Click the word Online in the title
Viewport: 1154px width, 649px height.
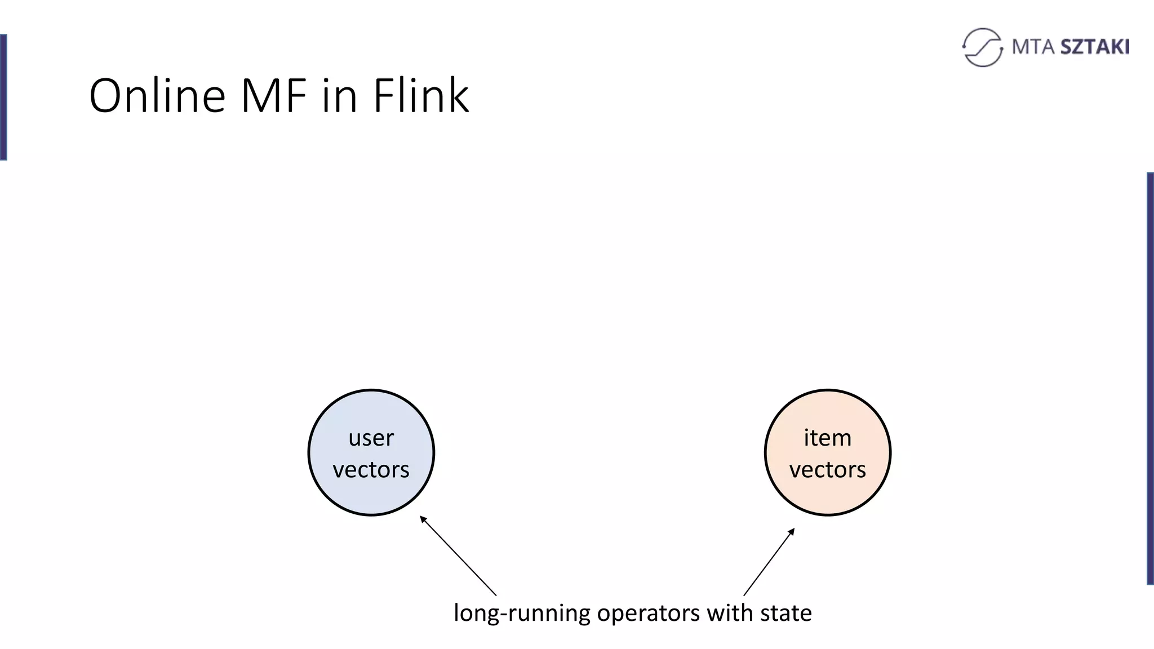[x=157, y=96]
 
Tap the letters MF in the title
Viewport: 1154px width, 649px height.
[x=274, y=96]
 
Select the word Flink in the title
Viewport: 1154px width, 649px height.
[x=420, y=96]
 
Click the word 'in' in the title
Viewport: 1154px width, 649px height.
[x=340, y=96]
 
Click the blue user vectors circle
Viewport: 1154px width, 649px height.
[x=371, y=490]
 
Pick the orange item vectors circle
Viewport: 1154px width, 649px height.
[x=828, y=490]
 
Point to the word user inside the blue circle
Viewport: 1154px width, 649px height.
[x=371, y=438]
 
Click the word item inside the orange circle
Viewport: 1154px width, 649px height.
[x=827, y=438]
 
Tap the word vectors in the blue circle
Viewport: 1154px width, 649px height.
[x=371, y=470]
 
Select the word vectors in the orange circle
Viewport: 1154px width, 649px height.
[x=827, y=470]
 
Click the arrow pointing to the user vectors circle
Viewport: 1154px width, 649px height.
[x=458, y=555]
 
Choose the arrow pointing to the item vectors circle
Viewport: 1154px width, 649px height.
[x=769, y=562]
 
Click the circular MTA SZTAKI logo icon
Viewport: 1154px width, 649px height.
[x=982, y=47]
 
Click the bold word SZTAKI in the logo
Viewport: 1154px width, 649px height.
[x=1095, y=47]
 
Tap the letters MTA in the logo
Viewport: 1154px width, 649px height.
[x=1033, y=47]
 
